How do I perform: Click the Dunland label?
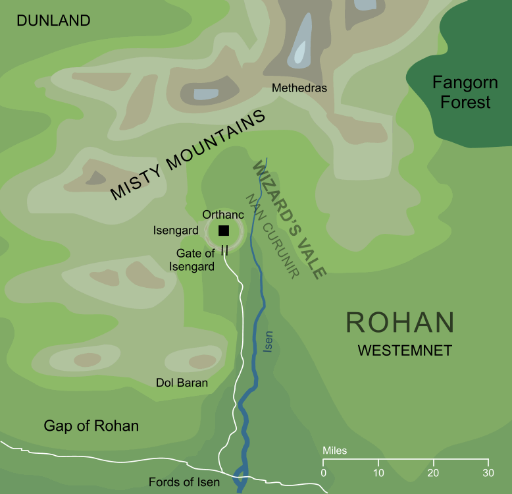[53, 21]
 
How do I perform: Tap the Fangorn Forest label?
[461, 92]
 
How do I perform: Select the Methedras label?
[299, 88]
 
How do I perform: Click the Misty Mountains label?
[188, 155]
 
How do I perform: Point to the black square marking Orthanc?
[224, 230]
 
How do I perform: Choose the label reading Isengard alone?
[175, 230]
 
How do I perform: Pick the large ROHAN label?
[400, 323]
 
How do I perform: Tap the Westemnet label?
[404, 351]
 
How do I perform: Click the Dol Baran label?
[182, 383]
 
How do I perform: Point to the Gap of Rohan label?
[91, 425]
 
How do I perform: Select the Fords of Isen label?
[184, 482]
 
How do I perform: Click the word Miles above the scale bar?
[335, 451]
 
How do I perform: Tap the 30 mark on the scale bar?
[488, 473]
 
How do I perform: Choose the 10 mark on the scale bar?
[378, 473]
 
